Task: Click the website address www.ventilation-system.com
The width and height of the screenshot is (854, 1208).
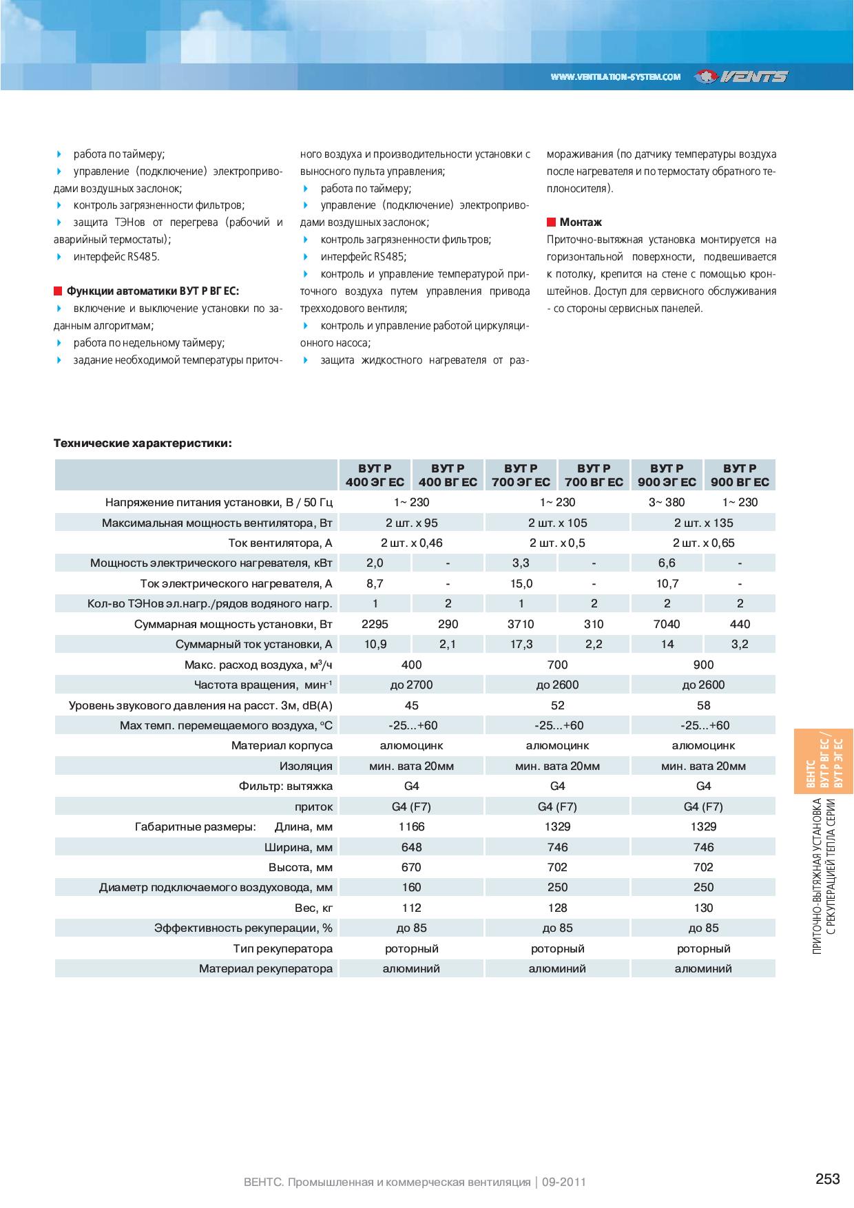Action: pyautogui.click(x=616, y=77)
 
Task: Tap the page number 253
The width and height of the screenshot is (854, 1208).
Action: pyautogui.click(x=827, y=1180)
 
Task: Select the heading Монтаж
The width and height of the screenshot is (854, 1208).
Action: pyautogui.click(x=581, y=222)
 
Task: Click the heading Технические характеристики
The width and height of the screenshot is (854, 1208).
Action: pyautogui.click(x=143, y=443)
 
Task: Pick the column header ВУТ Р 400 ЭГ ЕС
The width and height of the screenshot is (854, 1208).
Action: pyautogui.click(x=375, y=475)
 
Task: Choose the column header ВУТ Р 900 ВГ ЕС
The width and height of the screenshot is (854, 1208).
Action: pyautogui.click(x=740, y=475)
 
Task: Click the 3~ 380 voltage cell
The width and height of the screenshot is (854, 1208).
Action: pyautogui.click(x=666, y=502)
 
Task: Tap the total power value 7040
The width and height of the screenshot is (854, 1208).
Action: pyautogui.click(x=666, y=624)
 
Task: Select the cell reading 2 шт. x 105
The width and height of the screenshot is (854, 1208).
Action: pyautogui.click(x=557, y=523)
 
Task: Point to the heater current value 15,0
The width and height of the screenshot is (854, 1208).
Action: pyautogui.click(x=521, y=584)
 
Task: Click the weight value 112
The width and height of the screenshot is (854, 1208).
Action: pyautogui.click(x=411, y=908)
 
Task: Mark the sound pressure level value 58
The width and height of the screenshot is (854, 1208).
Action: pyautogui.click(x=703, y=705)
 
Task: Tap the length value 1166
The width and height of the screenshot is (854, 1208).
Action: pyautogui.click(x=411, y=826)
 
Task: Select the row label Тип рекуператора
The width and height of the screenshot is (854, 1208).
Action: pyautogui.click(x=282, y=948)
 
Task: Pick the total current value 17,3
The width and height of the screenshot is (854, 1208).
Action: pyautogui.click(x=521, y=645)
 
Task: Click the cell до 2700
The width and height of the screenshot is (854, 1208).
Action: pyautogui.click(x=411, y=685)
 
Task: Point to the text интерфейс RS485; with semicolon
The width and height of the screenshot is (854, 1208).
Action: pyautogui.click(x=363, y=257)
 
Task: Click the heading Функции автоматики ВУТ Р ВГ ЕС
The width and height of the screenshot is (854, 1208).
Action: pyautogui.click(x=152, y=291)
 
